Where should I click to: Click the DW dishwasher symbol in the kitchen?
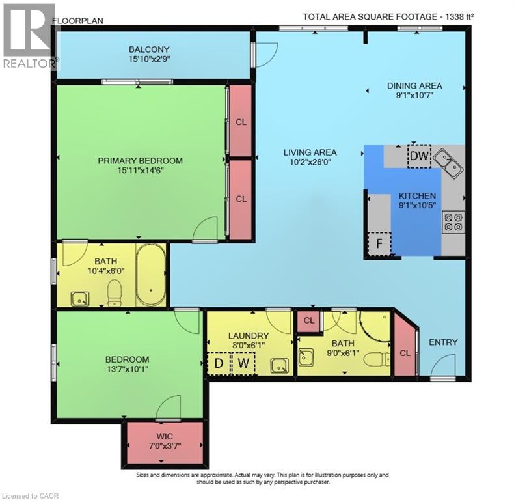pos(419,156)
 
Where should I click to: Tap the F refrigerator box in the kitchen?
pos(378,244)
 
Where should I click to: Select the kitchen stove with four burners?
pos(453,223)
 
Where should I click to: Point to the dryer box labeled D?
pos(219,363)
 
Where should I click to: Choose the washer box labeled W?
pos(243,363)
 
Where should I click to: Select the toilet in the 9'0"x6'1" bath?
pos(375,358)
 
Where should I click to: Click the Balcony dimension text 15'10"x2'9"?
pos(149,59)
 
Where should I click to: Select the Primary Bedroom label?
pos(140,161)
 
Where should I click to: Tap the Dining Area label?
pos(414,85)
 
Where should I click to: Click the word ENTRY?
pos(443,342)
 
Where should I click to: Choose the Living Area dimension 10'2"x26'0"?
pos(310,163)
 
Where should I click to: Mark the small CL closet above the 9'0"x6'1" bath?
pos(308,321)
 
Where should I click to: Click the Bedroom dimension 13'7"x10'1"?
pos(127,370)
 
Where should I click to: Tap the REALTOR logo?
pos(29,36)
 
